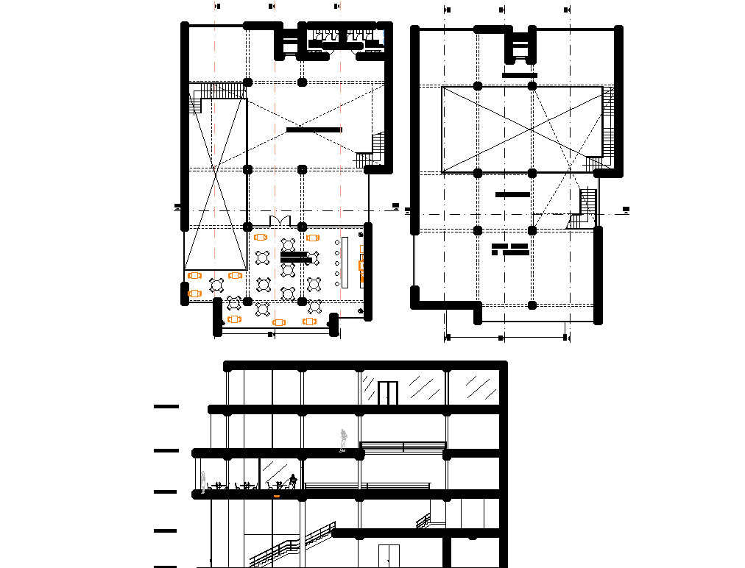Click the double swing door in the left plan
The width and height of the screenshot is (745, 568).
(x=280, y=221)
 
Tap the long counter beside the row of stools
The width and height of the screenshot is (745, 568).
(x=344, y=262)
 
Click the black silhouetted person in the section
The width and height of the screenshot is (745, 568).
(x=294, y=481)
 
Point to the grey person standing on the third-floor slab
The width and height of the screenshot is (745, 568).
(x=342, y=439)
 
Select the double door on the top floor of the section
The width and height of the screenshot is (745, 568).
(x=388, y=393)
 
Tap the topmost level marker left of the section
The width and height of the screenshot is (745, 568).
(x=166, y=406)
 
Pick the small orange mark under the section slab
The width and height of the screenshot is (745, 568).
(x=277, y=497)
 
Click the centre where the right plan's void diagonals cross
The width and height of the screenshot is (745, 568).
(x=531, y=129)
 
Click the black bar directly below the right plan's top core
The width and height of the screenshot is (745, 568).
(x=520, y=75)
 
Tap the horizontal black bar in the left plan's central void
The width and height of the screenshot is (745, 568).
(x=314, y=129)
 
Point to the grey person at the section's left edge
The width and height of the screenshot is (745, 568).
(x=203, y=480)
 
